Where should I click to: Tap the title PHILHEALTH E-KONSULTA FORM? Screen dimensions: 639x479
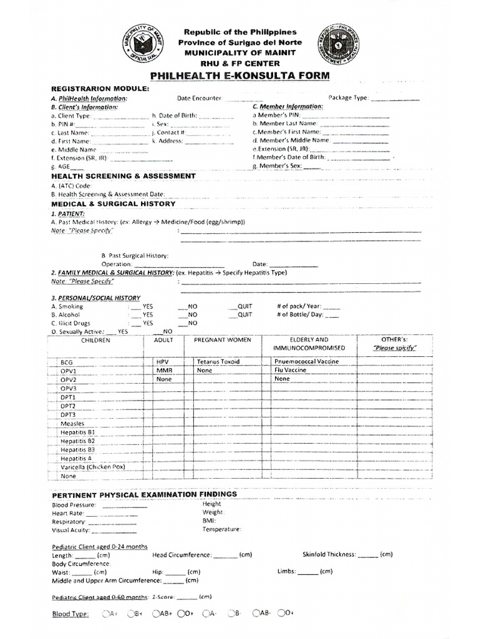(x=240, y=76)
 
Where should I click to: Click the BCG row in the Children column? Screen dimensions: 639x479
(x=67, y=362)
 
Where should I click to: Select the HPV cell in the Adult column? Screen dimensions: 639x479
(x=163, y=362)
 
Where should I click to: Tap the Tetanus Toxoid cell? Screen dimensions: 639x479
(x=218, y=362)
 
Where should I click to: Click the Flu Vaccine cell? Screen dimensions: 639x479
(x=290, y=370)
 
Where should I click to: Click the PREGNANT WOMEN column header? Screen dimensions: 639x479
(x=223, y=340)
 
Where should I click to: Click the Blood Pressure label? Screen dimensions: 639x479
(x=74, y=505)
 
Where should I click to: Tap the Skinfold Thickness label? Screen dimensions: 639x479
(x=329, y=554)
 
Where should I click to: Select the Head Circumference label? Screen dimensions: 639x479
(x=181, y=554)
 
